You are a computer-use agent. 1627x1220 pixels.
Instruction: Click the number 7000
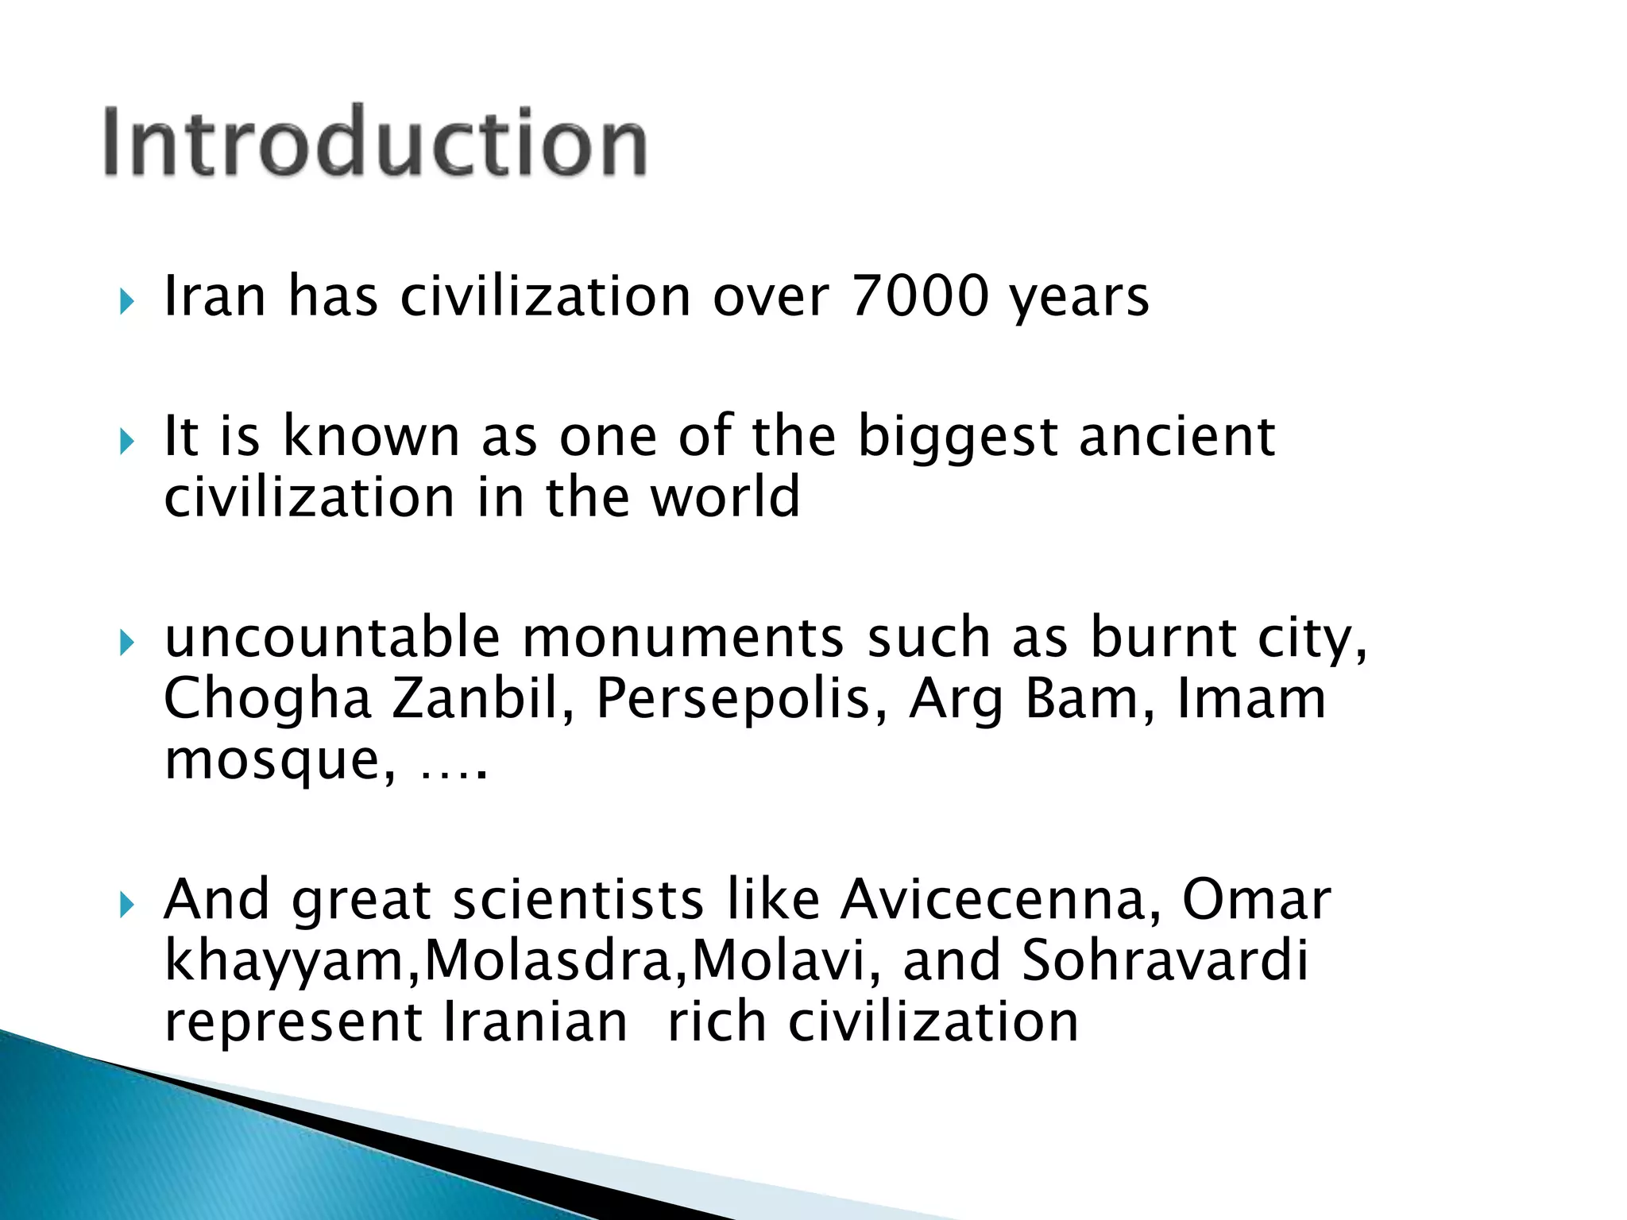(920, 296)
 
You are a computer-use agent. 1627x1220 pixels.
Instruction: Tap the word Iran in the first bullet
(214, 296)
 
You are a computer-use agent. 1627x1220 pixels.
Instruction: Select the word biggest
(958, 438)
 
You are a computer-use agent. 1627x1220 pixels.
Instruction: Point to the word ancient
(1177, 438)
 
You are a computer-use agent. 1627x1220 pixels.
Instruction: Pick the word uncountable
(332, 638)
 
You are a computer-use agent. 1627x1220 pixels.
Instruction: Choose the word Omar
(1256, 900)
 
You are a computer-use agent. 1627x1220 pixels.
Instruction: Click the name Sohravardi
(1165, 961)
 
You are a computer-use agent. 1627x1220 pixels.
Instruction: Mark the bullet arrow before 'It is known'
(126, 442)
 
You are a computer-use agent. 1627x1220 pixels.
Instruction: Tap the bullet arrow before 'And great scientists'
(126, 905)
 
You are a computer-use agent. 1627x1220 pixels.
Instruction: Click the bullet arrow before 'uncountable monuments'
(126, 643)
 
